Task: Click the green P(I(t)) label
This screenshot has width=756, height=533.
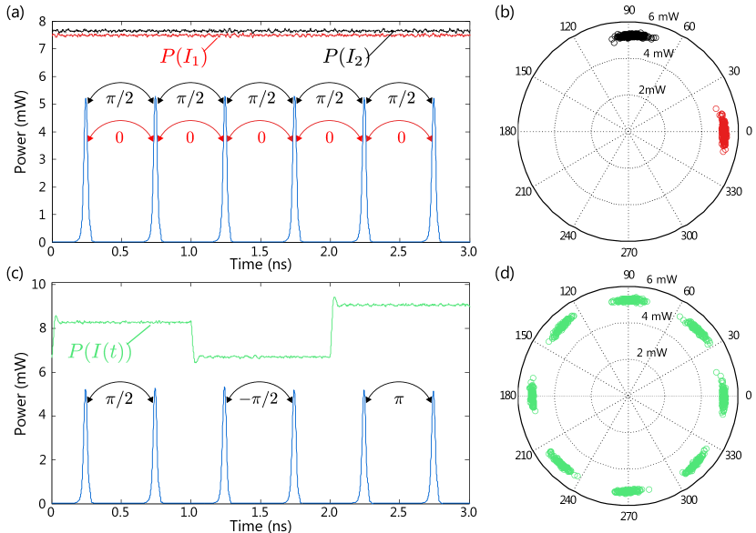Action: [x=100, y=351]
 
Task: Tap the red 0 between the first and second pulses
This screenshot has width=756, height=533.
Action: [x=119, y=138]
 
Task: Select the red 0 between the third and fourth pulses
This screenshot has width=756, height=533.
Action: [x=261, y=138]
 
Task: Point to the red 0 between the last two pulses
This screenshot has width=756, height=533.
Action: [x=402, y=138]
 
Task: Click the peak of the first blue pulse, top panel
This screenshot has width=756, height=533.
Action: [x=86, y=98]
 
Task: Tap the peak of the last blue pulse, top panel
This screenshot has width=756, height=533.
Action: [x=434, y=98]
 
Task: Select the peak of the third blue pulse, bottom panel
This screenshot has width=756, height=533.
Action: [x=224, y=388]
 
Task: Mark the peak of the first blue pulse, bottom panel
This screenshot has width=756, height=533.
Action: [x=86, y=391]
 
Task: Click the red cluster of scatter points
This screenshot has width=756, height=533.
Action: [x=722, y=130]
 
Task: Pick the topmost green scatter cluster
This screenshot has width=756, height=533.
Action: [x=628, y=299]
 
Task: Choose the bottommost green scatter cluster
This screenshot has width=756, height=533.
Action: [x=628, y=491]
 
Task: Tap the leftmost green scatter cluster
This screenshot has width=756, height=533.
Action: [x=533, y=396]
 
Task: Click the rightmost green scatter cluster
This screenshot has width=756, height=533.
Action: [x=723, y=395]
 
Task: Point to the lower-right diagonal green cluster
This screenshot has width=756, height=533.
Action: [x=695, y=461]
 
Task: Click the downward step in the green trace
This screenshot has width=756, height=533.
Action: [x=193, y=339]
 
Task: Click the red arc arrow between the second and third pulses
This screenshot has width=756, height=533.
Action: [x=190, y=122]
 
